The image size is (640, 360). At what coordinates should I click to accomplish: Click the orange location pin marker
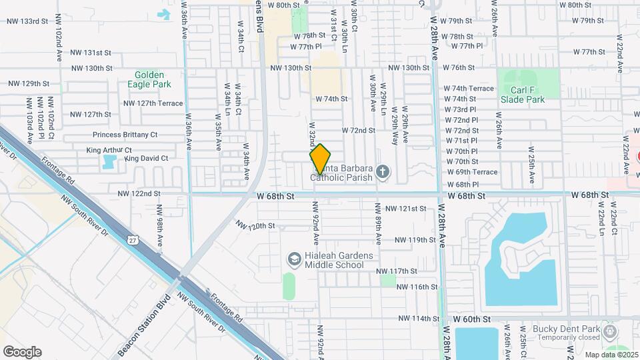tap(321, 159)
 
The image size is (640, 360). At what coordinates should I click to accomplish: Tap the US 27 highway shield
tap(135, 239)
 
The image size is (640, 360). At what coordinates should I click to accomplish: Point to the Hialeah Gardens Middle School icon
tap(294, 258)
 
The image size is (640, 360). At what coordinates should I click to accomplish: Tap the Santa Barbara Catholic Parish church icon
tap(383, 173)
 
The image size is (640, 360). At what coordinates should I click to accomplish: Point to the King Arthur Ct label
tap(109, 151)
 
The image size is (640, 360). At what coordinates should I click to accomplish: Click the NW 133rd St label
tap(27, 21)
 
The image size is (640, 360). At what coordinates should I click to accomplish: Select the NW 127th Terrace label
tap(153, 103)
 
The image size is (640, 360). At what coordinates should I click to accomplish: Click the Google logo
tap(22, 351)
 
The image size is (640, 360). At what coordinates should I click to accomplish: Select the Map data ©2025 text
tap(611, 355)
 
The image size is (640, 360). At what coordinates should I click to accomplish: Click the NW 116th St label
tap(417, 287)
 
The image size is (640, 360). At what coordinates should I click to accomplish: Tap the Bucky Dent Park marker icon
tap(609, 331)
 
